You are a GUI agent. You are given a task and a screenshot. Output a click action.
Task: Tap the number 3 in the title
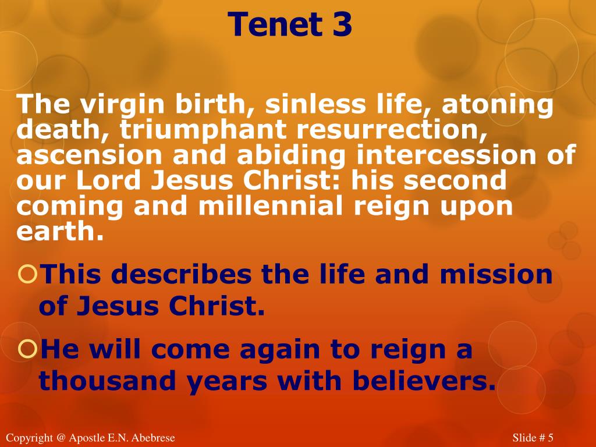(343, 24)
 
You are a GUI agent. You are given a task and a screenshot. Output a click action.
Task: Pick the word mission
(496, 274)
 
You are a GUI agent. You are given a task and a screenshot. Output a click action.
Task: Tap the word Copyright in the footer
(27, 438)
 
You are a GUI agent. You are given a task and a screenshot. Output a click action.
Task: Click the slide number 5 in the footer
(549, 438)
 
